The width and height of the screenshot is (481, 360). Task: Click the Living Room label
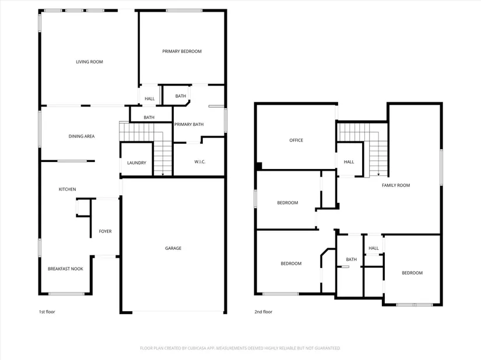coord(89,62)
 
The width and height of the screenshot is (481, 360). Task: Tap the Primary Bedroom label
coord(182,51)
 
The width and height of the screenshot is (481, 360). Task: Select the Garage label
coord(173,248)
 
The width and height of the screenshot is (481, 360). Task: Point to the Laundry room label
coord(136,163)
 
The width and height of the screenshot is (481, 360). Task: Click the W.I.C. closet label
coord(200,162)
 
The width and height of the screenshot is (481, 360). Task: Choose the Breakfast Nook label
coord(65,269)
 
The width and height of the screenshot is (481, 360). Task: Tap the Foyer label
coord(105,231)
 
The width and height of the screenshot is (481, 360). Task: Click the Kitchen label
coord(67,189)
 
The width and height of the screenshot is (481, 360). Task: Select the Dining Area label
coord(82,136)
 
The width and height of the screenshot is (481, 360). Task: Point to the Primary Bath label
coord(189,125)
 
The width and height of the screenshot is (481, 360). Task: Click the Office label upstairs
coord(296,140)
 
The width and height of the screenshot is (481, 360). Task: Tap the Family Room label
coord(396,185)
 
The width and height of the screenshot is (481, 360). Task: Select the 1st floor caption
coord(47,312)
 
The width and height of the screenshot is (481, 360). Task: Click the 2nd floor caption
coord(263,312)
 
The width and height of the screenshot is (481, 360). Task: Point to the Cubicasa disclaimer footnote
coord(240,348)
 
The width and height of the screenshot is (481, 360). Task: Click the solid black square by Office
coord(259,166)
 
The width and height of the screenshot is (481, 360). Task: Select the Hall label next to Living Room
coord(150,98)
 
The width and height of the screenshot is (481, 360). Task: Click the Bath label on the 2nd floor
coord(351,259)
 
